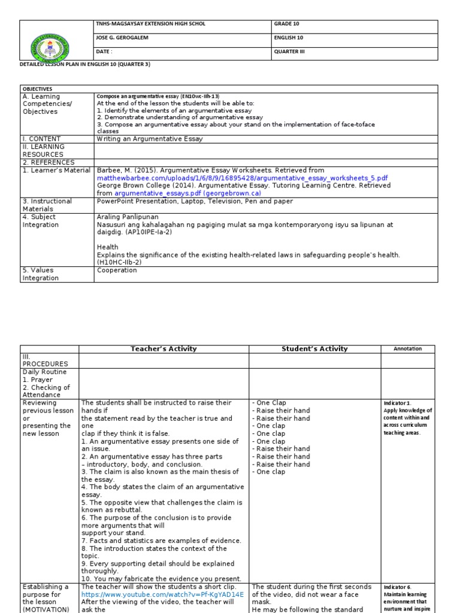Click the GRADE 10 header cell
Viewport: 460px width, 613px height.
click(287, 24)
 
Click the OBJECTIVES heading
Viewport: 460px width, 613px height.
click(38, 89)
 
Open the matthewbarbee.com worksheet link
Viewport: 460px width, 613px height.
click(243, 178)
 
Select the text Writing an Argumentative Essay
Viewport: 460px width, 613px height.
click(150, 139)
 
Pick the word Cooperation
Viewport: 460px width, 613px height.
click(117, 270)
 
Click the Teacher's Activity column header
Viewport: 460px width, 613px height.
click(164, 349)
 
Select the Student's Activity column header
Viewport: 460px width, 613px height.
click(314, 349)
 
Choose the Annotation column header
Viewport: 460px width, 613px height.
click(407, 349)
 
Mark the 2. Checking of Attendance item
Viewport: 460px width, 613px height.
click(46, 392)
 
